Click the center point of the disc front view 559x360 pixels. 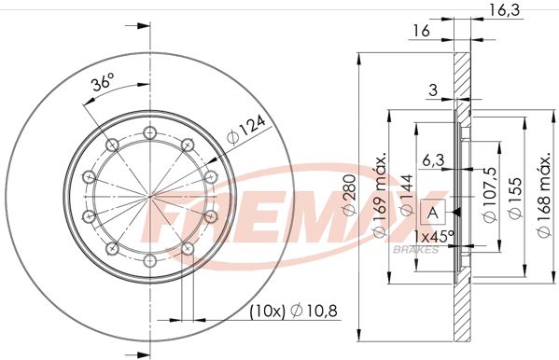150,195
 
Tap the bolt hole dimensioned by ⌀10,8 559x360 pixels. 188,248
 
